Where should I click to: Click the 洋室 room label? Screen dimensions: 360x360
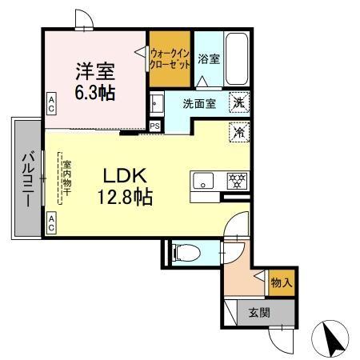pos(94,70)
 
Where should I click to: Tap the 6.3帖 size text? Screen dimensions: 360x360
pos(94,92)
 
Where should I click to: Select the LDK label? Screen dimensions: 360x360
pos(122,174)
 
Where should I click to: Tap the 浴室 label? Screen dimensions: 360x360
pos(208,58)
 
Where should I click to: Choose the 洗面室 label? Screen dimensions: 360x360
pos(198,103)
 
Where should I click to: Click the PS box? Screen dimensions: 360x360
pos(155,126)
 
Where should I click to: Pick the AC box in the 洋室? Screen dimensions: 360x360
pos(51,102)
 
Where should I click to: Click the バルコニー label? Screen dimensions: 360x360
pos(26,178)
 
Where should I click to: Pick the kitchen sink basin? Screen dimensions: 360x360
pos(203,179)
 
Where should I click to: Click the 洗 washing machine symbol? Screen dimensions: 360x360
pos(238,102)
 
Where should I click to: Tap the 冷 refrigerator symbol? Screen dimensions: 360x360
pos(238,132)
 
